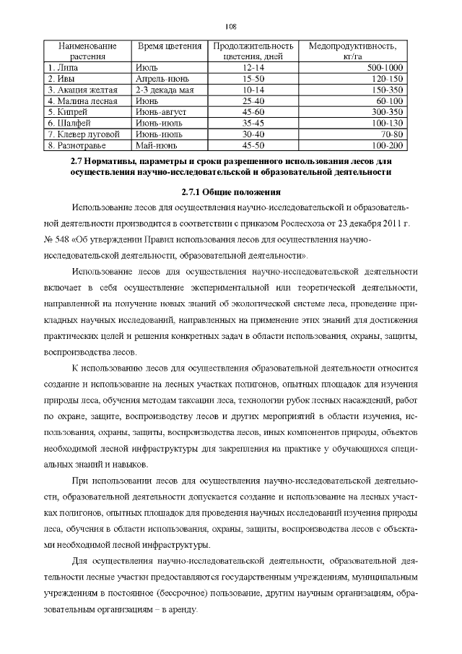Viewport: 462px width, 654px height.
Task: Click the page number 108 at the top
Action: click(x=230, y=26)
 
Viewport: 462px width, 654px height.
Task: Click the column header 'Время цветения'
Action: click(x=170, y=46)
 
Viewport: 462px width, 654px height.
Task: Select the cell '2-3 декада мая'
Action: click(x=165, y=90)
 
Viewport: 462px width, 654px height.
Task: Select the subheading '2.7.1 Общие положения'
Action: click(x=230, y=192)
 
